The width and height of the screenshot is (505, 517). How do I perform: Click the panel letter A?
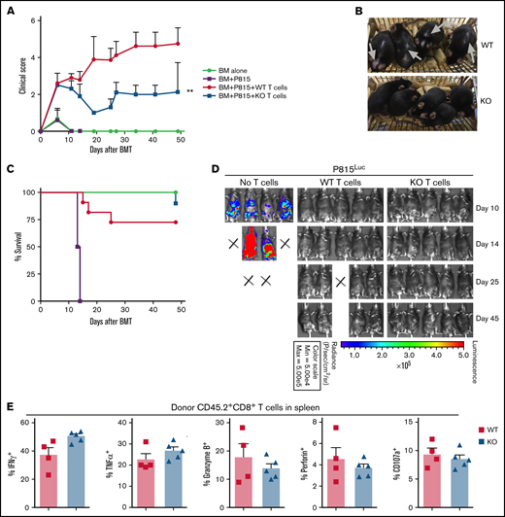(8, 8)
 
